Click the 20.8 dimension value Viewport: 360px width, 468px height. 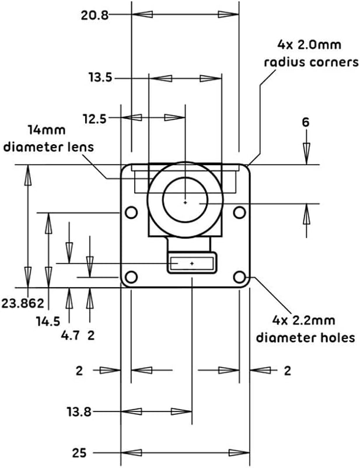tap(95, 15)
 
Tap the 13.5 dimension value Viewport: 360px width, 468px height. tap(100, 78)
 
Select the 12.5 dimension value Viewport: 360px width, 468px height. tap(95, 119)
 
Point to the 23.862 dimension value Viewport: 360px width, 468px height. tap(23, 303)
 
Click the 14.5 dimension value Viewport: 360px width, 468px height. tap(48, 322)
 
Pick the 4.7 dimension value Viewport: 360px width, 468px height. tap(70, 336)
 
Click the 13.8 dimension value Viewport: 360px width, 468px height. tap(79, 412)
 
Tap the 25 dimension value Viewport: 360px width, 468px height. tap(79, 453)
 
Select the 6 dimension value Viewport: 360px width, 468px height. tap(306, 123)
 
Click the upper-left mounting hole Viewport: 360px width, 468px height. tap(131, 212)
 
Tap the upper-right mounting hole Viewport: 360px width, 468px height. tap(239, 212)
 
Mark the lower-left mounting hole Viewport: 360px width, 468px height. tap(131, 277)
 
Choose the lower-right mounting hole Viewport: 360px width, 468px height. tap(239, 277)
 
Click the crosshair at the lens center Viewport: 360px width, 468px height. tap(186, 202)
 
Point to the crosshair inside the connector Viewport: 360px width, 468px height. tap(192, 264)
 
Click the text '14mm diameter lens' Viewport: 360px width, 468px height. tap(48, 139)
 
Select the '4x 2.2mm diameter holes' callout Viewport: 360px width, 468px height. tap(306, 329)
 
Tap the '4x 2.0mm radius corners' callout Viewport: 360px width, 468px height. tap(311, 54)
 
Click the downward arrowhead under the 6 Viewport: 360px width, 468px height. tap(306, 152)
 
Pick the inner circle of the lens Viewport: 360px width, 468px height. tap(163, 200)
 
